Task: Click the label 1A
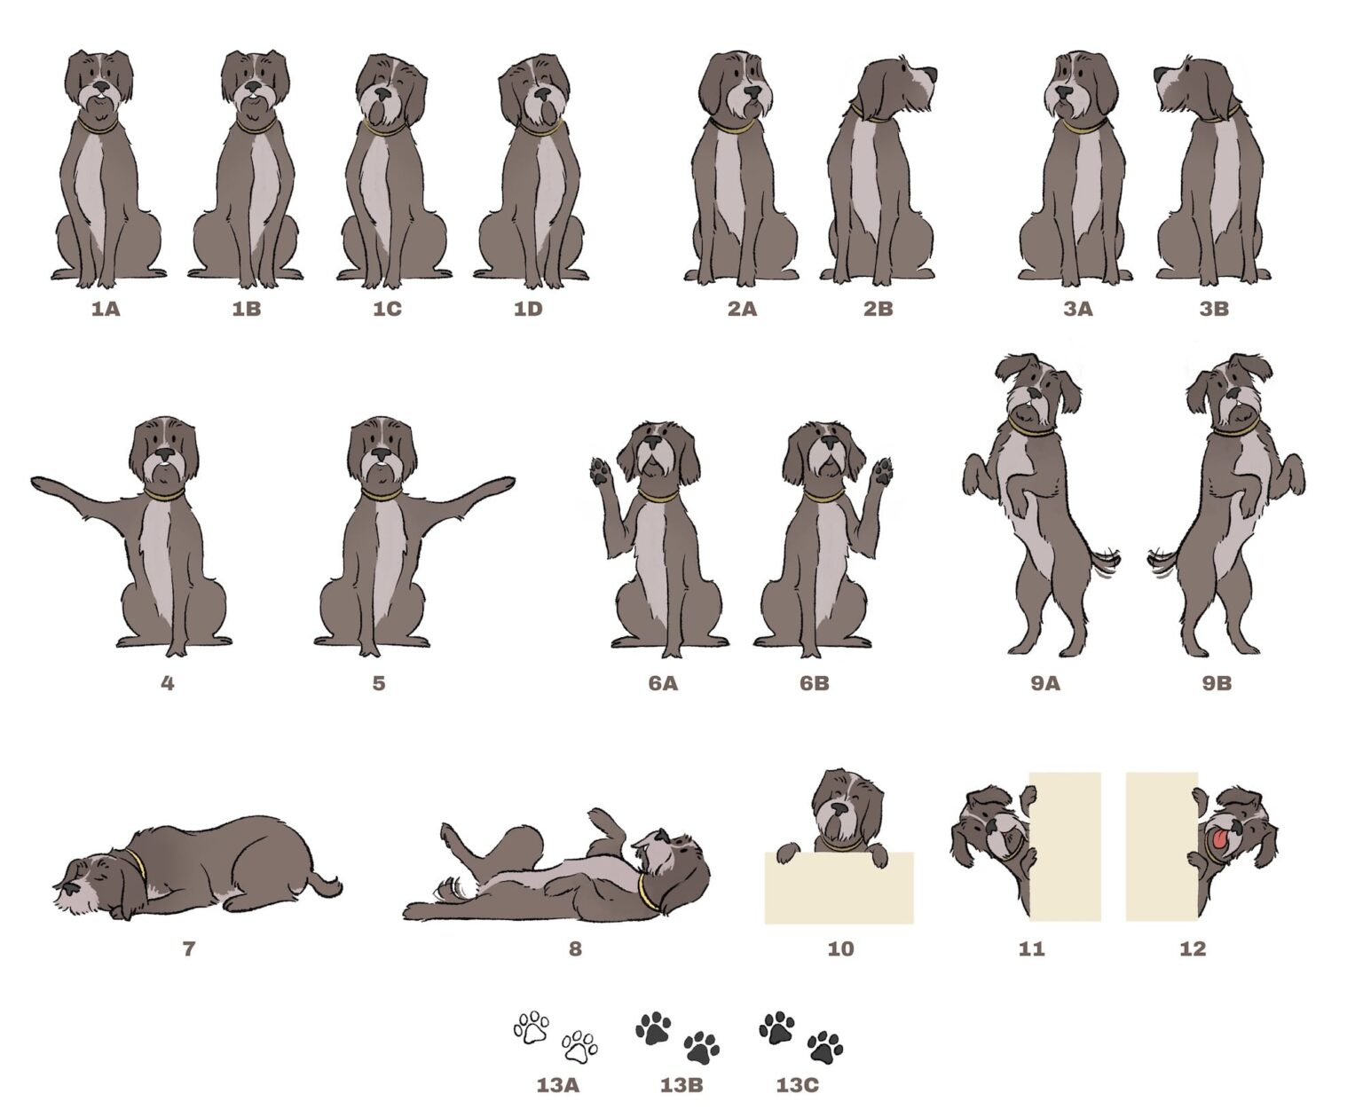(x=106, y=309)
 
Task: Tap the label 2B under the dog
(x=878, y=309)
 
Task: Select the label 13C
(x=797, y=1085)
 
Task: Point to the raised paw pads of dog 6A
(x=601, y=471)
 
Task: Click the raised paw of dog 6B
(x=882, y=471)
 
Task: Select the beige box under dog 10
(x=839, y=888)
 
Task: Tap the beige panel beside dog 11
(x=1065, y=846)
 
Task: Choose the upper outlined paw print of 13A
(x=532, y=1028)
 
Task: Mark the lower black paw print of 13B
(x=701, y=1048)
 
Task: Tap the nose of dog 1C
(x=383, y=94)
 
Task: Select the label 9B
(x=1217, y=683)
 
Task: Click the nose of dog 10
(x=839, y=809)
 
